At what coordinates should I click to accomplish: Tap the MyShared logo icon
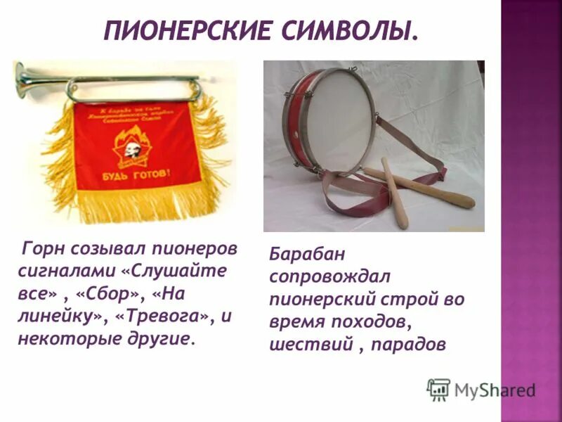tap(438, 389)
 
